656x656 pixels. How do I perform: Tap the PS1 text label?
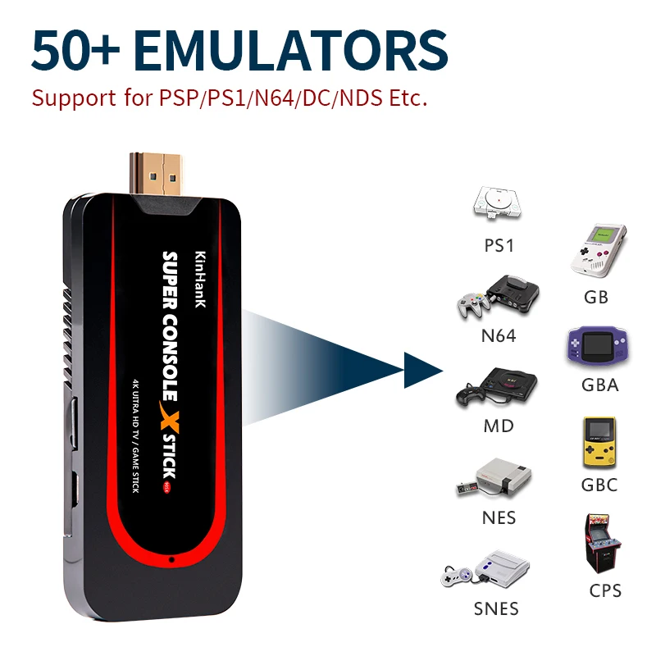click(499, 245)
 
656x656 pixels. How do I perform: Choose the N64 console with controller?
click(497, 296)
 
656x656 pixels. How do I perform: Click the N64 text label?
click(499, 335)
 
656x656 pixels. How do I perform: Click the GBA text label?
click(599, 385)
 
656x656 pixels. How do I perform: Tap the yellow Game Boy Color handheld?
click(599, 443)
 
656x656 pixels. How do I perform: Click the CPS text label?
click(605, 590)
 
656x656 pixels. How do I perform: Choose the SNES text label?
click(496, 608)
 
